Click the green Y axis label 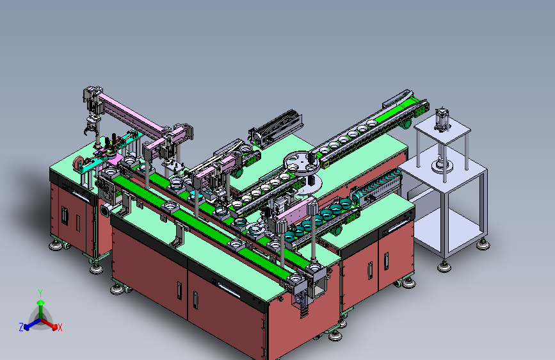click(40, 293)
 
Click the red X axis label click(60, 327)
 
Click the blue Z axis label click(21, 327)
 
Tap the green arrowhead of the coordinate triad click(41, 303)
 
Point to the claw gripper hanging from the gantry click(92, 127)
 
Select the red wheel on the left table click(78, 163)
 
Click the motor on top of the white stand click(442, 119)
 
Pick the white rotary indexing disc click(302, 162)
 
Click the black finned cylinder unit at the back click(276, 128)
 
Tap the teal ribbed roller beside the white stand click(376, 186)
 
